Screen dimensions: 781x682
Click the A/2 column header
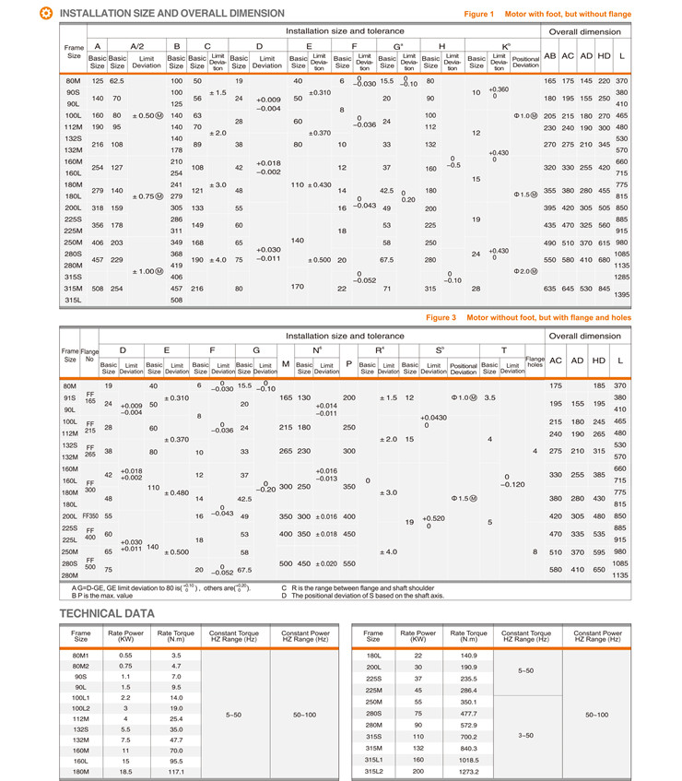[138, 45]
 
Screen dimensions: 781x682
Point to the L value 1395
[621, 294]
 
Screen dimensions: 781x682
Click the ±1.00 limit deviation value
[147, 271]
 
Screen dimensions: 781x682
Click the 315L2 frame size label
[372, 770]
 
